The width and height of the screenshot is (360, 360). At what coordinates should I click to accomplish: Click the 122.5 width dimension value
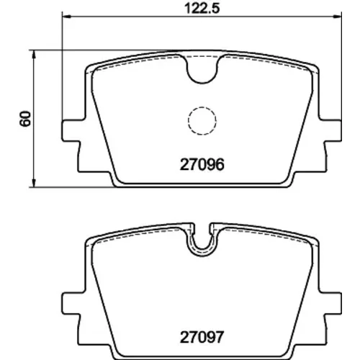(x=202, y=9)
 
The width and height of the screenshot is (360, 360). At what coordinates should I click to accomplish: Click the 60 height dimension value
(x=25, y=119)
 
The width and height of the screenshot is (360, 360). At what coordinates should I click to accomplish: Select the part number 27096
(x=202, y=165)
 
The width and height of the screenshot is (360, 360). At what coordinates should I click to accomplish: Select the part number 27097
(x=202, y=337)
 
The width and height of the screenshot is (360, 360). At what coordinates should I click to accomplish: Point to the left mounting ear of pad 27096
(x=71, y=131)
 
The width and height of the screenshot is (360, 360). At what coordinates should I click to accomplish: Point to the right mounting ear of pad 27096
(x=333, y=131)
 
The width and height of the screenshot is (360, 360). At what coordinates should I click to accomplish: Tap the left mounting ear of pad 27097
(x=71, y=303)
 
